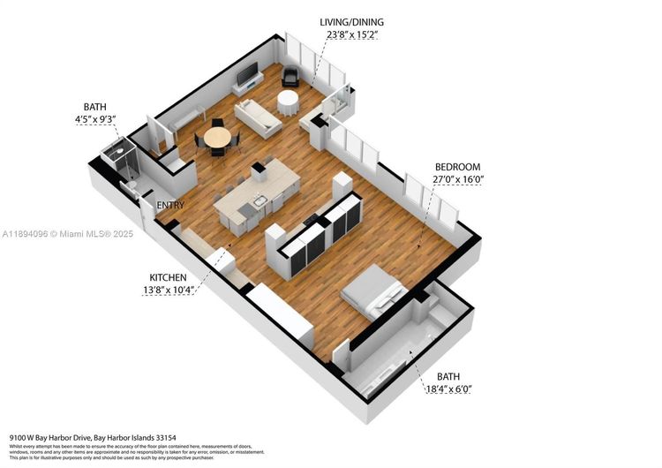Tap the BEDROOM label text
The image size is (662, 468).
[457, 167]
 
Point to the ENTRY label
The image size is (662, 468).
[170, 206]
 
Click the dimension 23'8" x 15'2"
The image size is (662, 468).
[353, 36]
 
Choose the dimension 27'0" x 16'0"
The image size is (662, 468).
[458, 180]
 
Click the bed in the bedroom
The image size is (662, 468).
[374, 290]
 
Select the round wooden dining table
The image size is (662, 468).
[217, 138]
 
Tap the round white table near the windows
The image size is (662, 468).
[289, 102]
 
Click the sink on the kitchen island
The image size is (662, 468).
[259, 201]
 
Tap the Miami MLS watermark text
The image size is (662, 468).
[56, 234]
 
